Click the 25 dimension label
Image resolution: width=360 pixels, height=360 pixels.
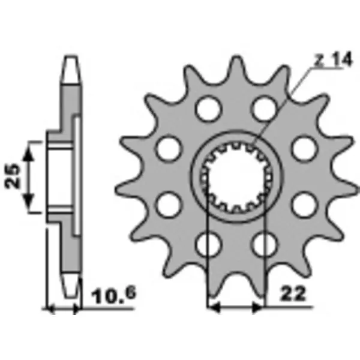(16, 175)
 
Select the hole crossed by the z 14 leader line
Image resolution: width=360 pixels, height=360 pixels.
(263, 108)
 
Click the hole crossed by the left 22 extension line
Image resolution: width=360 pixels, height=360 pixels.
(208, 244)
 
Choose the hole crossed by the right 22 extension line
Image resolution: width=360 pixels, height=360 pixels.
(263, 244)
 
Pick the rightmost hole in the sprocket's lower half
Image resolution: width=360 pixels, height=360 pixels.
(304, 204)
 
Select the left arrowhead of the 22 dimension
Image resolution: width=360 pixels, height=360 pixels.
(212, 308)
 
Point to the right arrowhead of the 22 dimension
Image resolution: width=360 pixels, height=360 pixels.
(259, 308)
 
